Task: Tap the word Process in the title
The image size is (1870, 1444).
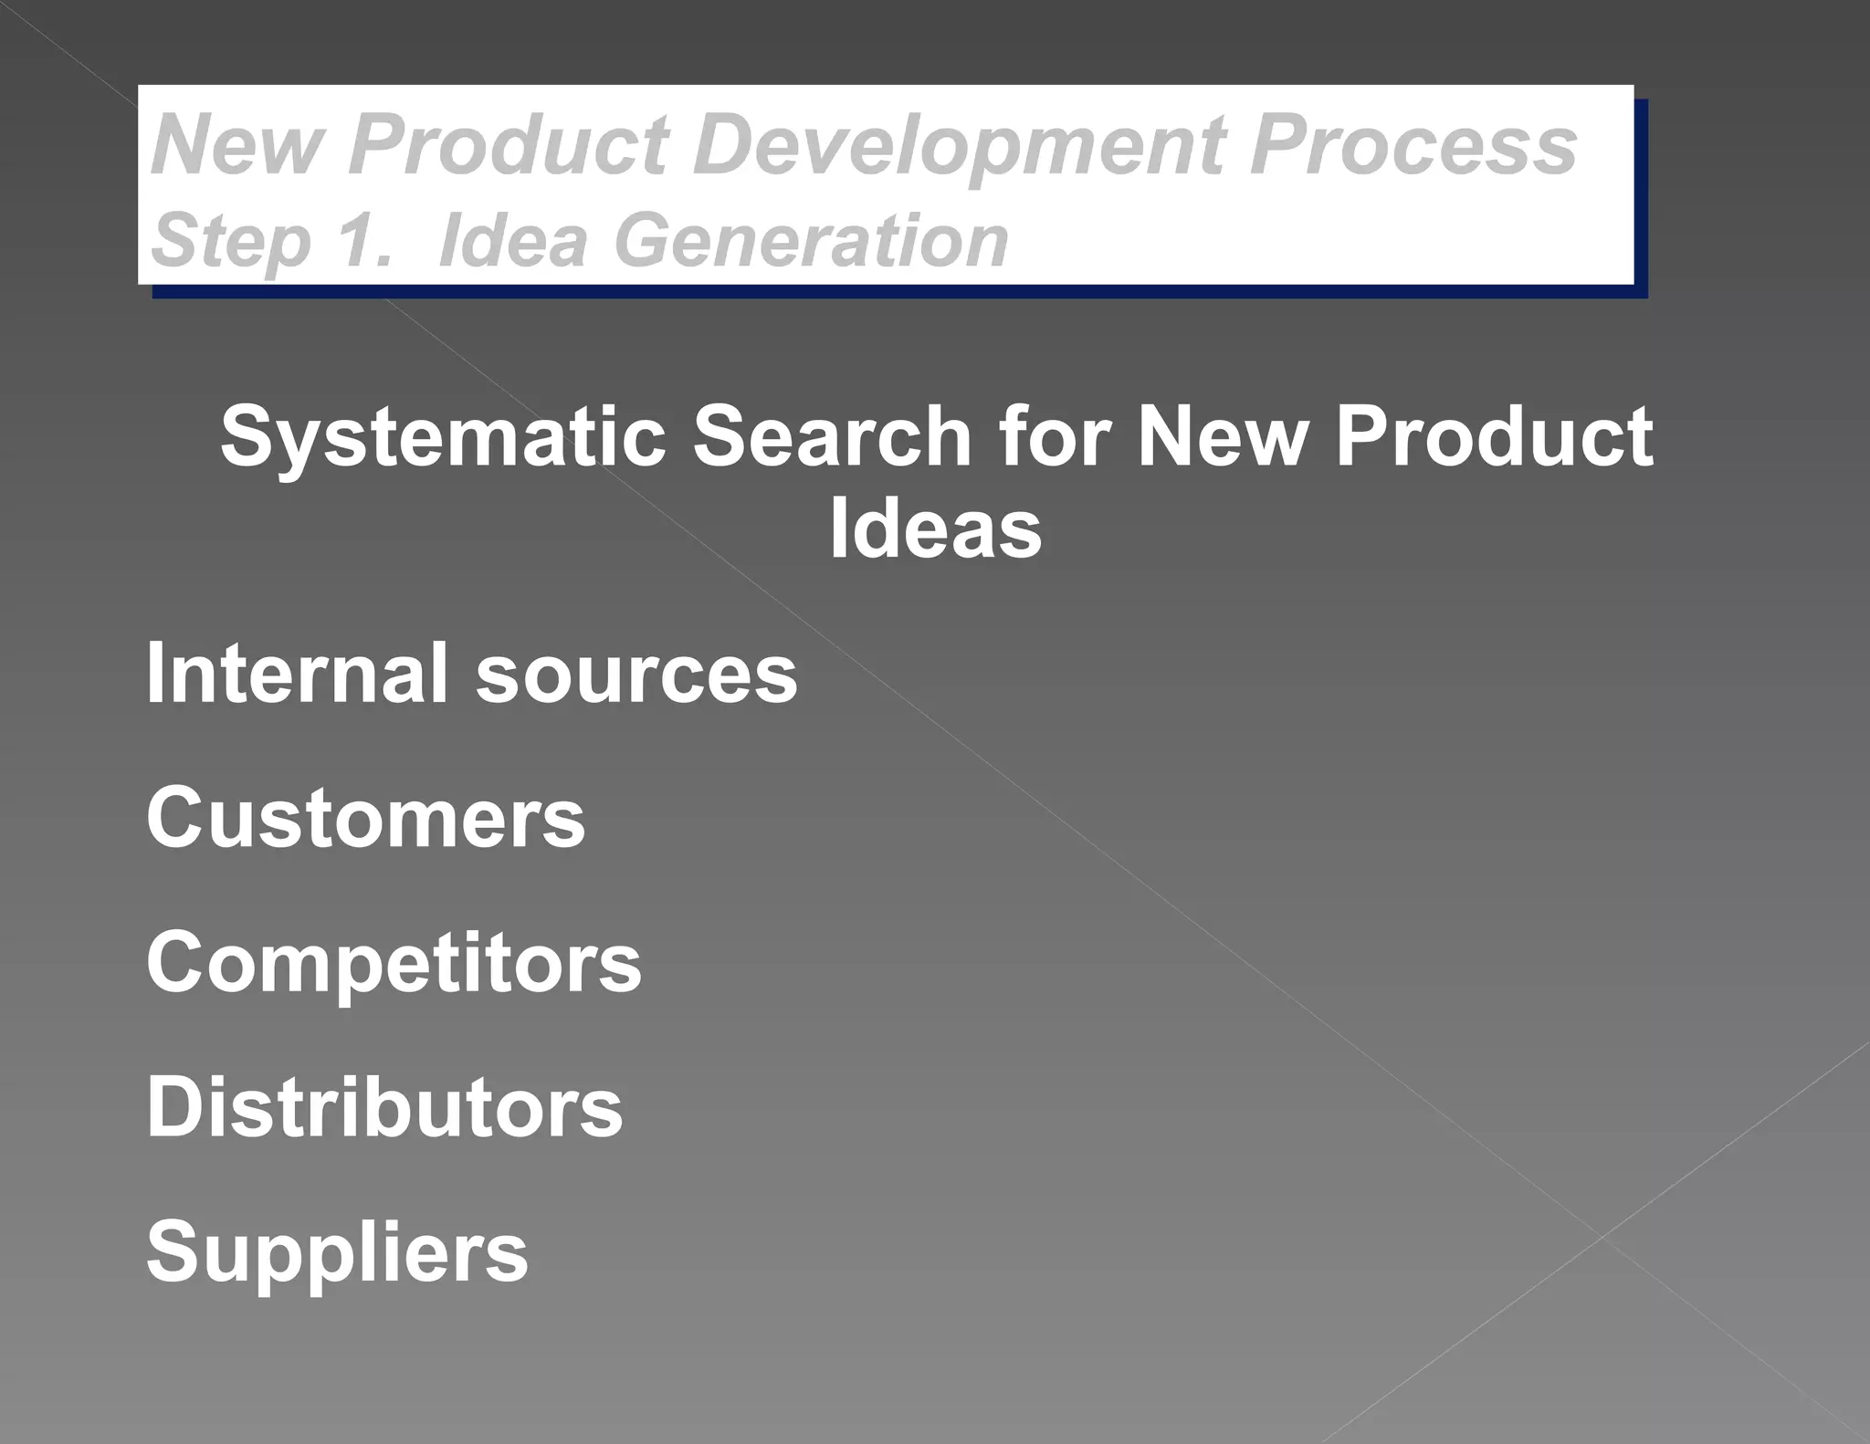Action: point(1413,146)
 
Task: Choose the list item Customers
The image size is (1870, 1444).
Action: point(365,818)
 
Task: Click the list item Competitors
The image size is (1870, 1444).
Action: point(394,964)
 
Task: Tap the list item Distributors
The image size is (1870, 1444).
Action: point(384,1107)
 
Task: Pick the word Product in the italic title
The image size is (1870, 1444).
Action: point(509,146)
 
